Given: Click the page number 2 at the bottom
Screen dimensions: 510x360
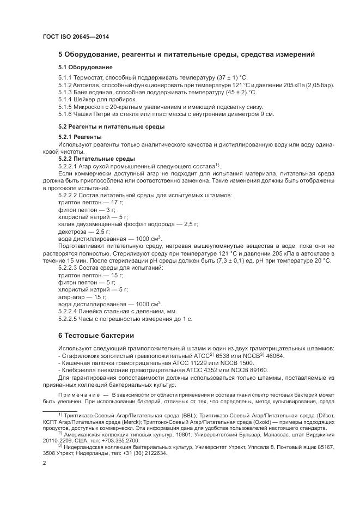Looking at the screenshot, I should (44, 463).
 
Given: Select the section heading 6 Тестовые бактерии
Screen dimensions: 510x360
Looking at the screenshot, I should (95, 335).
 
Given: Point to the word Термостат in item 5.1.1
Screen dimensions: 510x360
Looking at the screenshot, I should (90, 78).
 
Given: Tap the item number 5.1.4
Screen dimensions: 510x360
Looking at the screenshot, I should (65, 100).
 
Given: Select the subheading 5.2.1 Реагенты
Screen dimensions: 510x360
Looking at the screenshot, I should (80, 136).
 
